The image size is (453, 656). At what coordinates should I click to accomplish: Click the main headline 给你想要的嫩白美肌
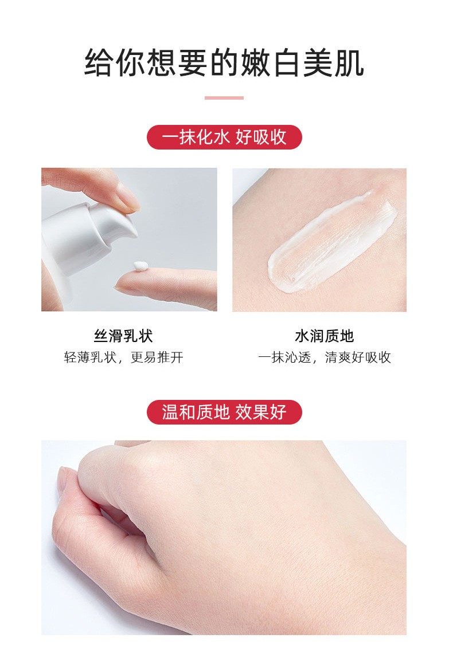(224, 62)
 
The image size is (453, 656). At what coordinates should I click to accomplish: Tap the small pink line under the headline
(224, 98)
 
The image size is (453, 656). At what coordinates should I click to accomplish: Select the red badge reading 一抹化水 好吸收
(224, 138)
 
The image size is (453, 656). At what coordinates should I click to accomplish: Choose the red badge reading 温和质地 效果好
(224, 412)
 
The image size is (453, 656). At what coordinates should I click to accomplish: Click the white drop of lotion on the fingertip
(140, 265)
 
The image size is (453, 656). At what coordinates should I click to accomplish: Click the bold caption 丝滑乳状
(123, 336)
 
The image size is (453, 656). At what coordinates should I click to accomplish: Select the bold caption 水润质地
(324, 336)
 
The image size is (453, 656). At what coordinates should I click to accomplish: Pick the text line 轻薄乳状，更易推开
(123, 358)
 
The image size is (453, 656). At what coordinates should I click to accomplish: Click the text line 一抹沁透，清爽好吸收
(324, 358)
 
